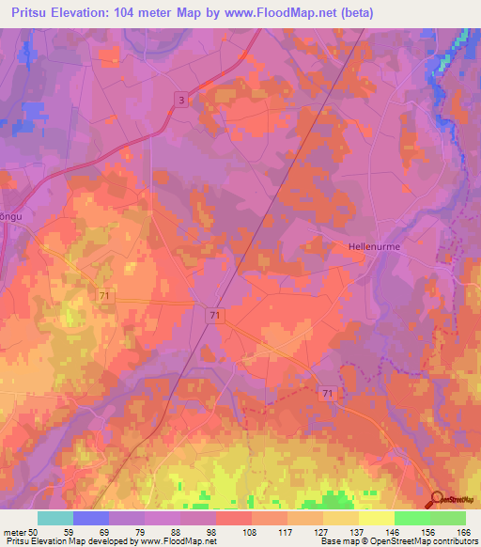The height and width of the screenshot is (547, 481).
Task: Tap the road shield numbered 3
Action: pos(180,100)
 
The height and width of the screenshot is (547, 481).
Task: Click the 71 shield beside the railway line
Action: pos(216,317)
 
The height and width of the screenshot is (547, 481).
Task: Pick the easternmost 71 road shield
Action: pos(326,392)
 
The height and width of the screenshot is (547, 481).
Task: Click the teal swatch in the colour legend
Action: pos(55,518)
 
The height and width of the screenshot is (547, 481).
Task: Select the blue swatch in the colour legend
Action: pos(91,518)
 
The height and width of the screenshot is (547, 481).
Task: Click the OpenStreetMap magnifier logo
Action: pos(437,500)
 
